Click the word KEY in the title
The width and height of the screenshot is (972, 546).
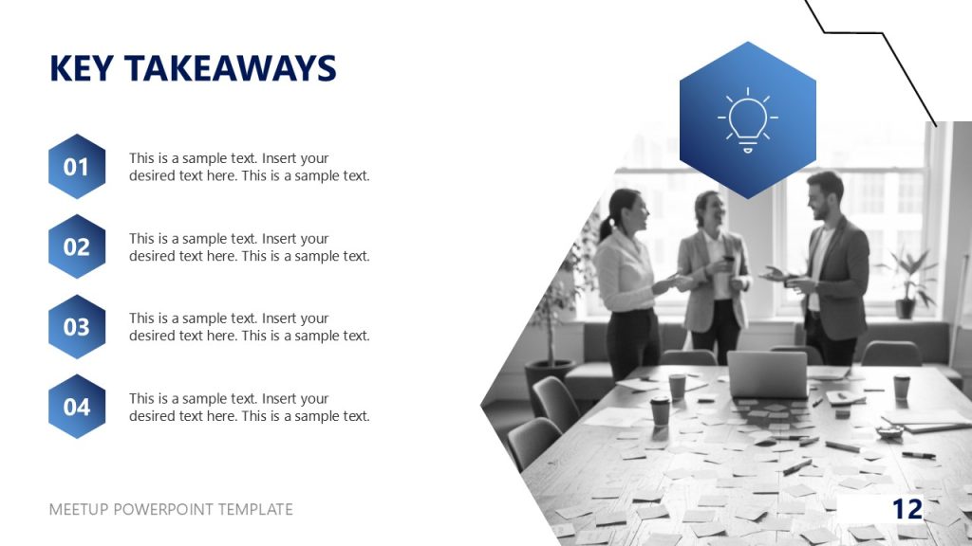(x=82, y=68)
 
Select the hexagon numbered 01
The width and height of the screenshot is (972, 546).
(x=76, y=167)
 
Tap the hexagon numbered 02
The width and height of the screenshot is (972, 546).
(x=76, y=247)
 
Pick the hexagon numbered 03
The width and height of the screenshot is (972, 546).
(x=76, y=327)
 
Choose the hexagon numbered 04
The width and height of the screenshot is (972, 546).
(x=76, y=407)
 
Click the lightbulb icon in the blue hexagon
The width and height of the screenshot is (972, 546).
(x=747, y=120)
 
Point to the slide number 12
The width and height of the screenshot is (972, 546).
(x=907, y=509)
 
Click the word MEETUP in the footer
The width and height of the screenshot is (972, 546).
(x=79, y=509)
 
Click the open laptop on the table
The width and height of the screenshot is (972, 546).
(x=767, y=373)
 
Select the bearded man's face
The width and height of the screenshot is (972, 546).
(x=820, y=195)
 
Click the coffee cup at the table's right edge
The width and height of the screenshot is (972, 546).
(x=901, y=386)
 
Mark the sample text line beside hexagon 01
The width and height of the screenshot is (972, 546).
(x=249, y=167)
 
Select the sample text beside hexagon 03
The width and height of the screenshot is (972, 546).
(x=249, y=327)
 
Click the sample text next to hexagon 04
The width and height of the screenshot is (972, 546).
(x=249, y=407)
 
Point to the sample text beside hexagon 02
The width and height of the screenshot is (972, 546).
(x=249, y=247)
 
